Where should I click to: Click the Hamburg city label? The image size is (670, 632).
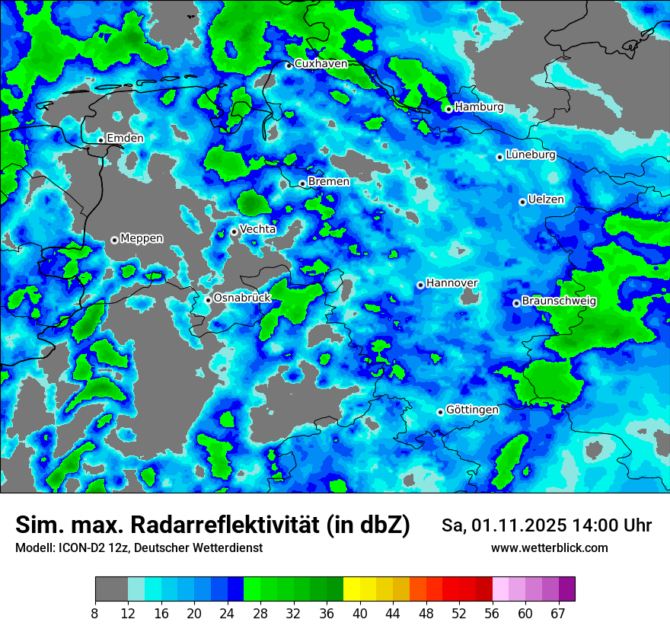click(479, 107)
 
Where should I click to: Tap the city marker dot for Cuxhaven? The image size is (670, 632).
click(289, 65)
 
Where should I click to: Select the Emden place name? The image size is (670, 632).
click(125, 139)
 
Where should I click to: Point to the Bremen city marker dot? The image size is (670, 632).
click(302, 184)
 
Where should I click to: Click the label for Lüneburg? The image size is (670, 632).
click(531, 155)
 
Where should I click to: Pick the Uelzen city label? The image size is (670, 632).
click(546, 200)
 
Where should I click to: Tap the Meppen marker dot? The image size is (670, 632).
click(114, 240)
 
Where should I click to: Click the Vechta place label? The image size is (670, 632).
click(258, 230)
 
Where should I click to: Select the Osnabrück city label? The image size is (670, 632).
click(242, 298)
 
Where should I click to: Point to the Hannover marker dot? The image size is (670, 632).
click(420, 285)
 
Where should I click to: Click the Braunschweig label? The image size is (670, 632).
click(560, 302)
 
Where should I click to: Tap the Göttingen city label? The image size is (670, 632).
click(472, 410)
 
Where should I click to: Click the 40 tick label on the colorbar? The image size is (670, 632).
click(359, 614)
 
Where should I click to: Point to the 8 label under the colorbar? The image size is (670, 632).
click(95, 614)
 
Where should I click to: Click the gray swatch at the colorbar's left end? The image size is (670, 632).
click(110, 589)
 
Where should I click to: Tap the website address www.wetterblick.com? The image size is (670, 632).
click(550, 548)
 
